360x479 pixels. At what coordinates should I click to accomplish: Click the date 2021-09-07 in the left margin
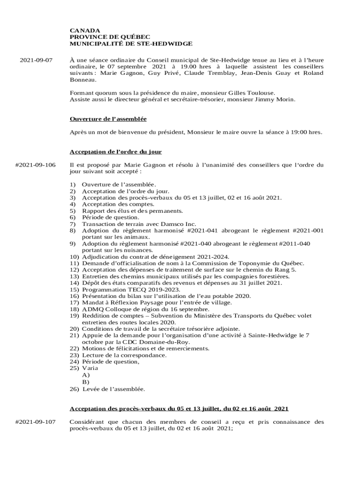pyautogui.click(x=36, y=60)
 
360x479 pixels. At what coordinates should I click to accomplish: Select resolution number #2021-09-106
pyautogui.click(x=36, y=165)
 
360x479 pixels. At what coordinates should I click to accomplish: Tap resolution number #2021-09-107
pyautogui.click(x=36, y=422)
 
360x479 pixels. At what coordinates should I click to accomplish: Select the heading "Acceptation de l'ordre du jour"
pyautogui.click(x=115, y=152)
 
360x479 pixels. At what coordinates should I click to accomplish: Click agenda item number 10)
pyautogui.click(x=74, y=257)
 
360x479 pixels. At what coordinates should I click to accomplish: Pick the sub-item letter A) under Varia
pyautogui.click(x=86, y=375)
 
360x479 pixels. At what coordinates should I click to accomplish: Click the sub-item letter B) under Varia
pyautogui.click(x=86, y=382)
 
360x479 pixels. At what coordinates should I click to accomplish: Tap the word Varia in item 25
pyautogui.click(x=90, y=368)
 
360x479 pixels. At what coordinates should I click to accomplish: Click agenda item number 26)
pyautogui.click(x=75, y=389)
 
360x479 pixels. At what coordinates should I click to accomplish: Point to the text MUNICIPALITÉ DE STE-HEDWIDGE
pyautogui.click(x=131, y=44)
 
